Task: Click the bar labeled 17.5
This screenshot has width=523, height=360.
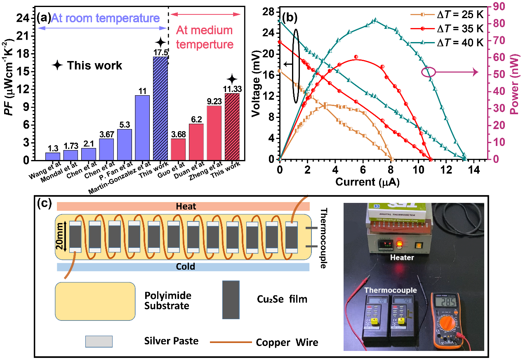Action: (160, 108)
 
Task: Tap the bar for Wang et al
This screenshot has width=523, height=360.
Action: (53, 156)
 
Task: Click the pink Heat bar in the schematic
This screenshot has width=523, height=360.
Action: (183, 207)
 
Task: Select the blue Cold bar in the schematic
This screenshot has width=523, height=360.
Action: (183, 267)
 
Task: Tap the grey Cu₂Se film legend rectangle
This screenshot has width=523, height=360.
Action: (231, 299)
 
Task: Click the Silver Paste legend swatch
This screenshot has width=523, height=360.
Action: (99, 341)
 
